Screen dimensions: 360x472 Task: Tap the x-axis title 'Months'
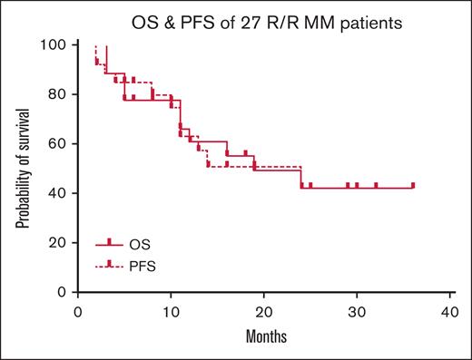click(x=263, y=336)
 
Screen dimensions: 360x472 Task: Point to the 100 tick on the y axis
click(x=57, y=44)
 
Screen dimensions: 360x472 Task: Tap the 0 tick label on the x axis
click(x=78, y=312)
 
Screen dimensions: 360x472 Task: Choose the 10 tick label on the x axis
click(x=171, y=312)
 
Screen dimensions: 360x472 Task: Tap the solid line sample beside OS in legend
click(x=109, y=244)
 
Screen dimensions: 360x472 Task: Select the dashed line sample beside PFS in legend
click(x=109, y=266)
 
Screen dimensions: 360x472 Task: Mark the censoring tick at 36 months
click(x=413, y=185)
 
